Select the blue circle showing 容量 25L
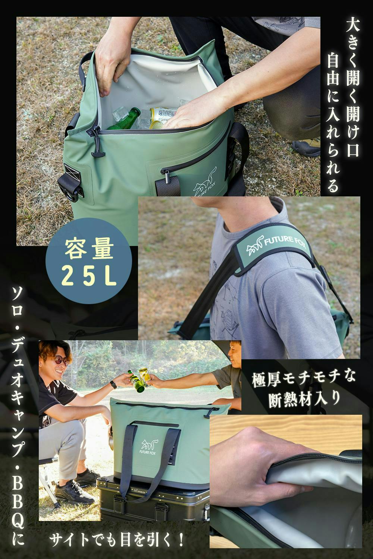(89, 260)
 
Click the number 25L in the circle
(89, 277)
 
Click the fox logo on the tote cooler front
(150, 445)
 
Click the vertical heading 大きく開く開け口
(352, 89)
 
